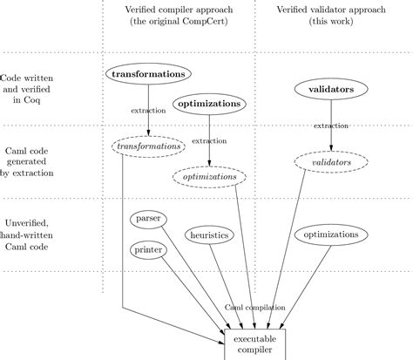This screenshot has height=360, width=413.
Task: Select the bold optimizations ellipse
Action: pyautogui.click(x=209, y=104)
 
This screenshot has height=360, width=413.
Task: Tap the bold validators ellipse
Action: pyautogui.click(x=330, y=89)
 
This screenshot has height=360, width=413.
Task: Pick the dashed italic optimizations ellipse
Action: pyautogui.click(x=209, y=176)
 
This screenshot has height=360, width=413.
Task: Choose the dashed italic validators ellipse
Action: pyautogui.click(x=330, y=162)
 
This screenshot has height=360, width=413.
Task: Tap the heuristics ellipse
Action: pyautogui.click(x=211, y=234)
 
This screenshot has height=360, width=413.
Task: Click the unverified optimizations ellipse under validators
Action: pyautogui.click(x=330, y=234)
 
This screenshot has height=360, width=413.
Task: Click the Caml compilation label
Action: pyautogui.click(x=255, y=308)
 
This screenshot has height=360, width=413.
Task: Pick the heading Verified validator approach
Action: pyautogui.click(x=329, y=8)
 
